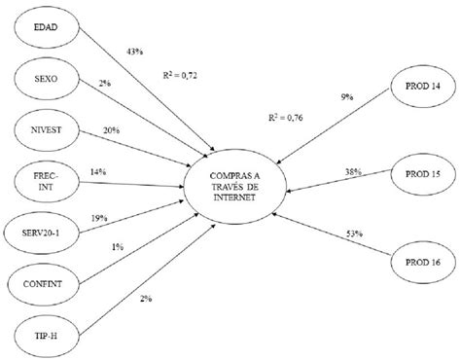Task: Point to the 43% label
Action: [136, 51]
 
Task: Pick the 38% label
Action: [352, 171]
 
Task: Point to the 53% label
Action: [353, 205]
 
